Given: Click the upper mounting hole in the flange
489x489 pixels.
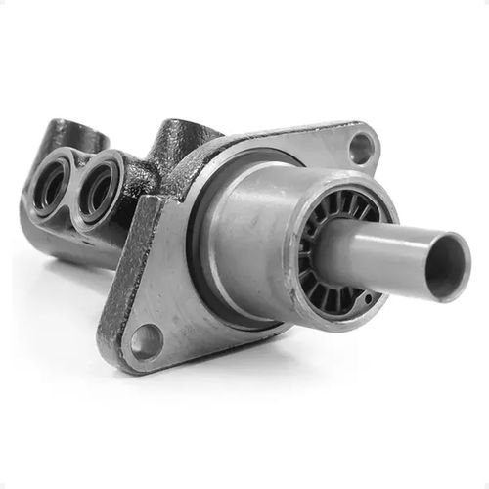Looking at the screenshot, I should pos(360,149).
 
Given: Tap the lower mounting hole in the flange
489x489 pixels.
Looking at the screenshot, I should pos(146,341).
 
